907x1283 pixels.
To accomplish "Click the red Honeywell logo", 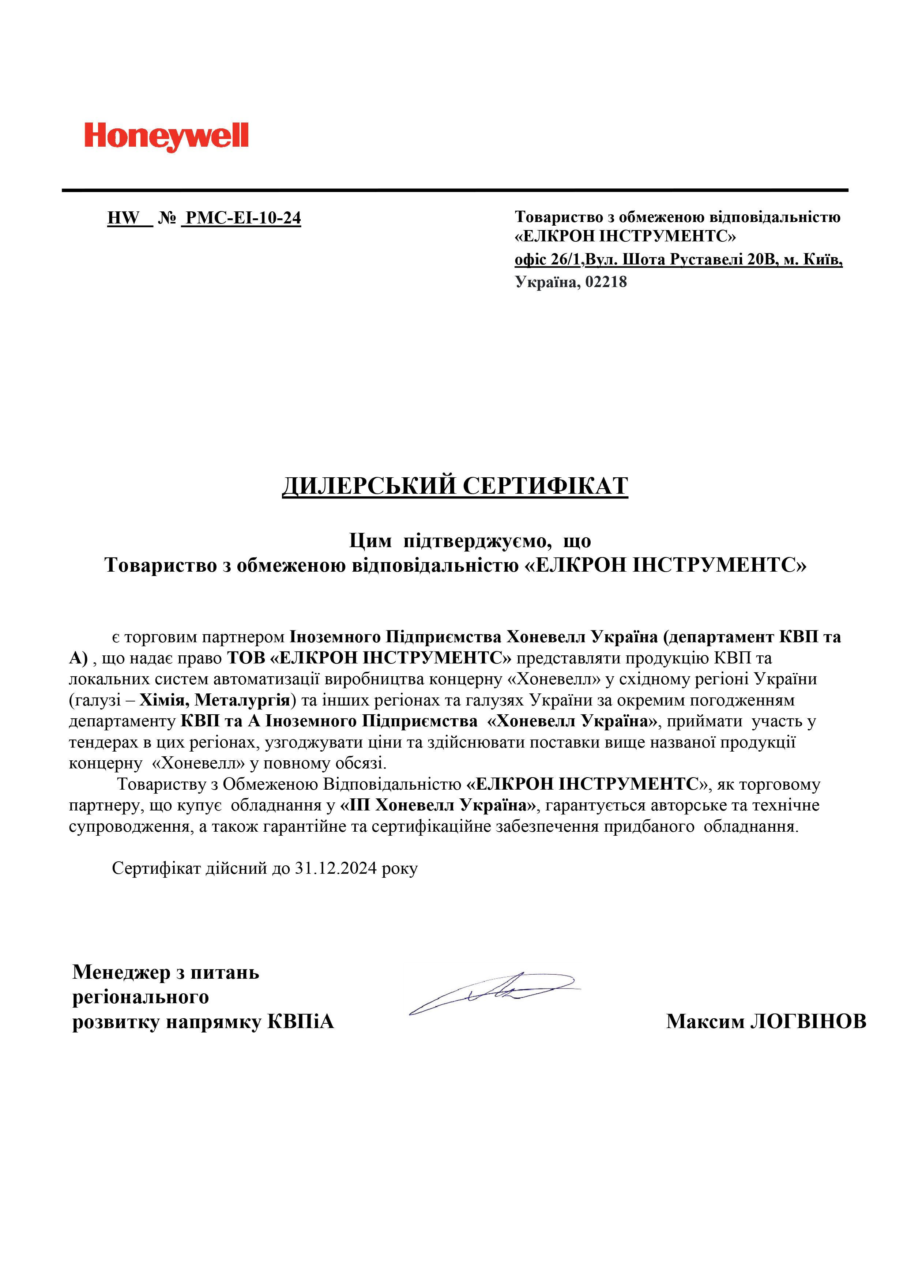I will point(166,136).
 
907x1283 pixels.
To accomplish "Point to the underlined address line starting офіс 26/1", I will point(678,259).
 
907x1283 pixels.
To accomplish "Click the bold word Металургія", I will point(242,700).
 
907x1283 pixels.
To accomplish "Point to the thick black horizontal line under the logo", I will point(455,190).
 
